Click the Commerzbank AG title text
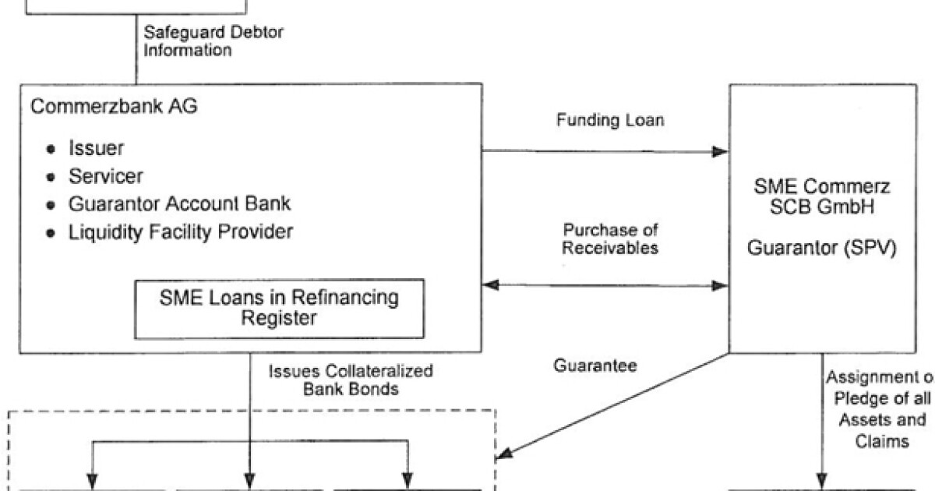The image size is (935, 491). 113,107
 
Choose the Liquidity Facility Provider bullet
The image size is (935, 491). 181,232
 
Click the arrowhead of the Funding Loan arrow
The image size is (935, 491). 719,152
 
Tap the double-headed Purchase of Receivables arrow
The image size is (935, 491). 605,287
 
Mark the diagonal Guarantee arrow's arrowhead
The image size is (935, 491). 505,454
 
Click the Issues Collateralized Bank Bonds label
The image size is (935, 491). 351,380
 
